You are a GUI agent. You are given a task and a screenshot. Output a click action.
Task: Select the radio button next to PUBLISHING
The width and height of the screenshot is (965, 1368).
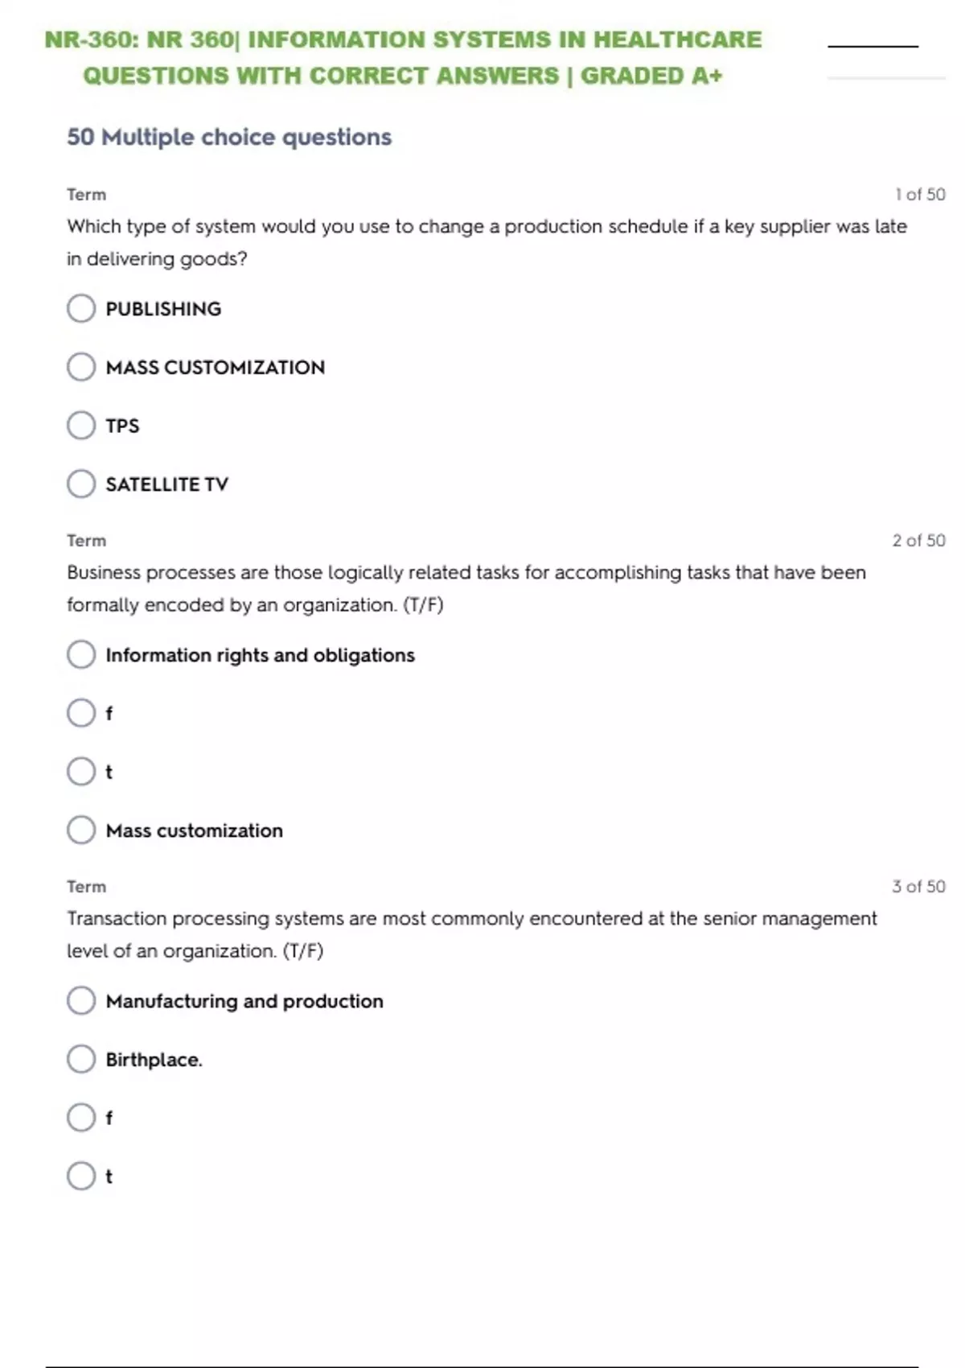click(81, 308)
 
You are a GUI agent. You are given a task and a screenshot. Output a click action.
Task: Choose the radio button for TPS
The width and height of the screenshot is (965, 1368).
click(81, 425)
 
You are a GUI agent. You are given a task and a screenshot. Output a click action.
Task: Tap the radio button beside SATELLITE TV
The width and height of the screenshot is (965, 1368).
click(81, 484)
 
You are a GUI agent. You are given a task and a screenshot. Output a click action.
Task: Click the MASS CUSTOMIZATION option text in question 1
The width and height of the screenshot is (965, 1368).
click(216, 368)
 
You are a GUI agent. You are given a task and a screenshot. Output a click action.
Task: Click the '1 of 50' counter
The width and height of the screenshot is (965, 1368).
click(920, 195)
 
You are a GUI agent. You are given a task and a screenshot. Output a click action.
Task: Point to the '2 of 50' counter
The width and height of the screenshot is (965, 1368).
click(918, 541)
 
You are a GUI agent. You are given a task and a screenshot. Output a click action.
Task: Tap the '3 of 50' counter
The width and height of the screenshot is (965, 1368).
click(918, 887)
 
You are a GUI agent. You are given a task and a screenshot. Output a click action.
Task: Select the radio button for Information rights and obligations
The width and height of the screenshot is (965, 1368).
click(81, 654)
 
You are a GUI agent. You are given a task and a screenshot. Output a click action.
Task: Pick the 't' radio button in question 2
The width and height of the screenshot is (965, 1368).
click(81, 771)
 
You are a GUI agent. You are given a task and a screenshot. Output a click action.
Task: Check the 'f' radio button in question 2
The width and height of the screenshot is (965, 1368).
click(81, 713)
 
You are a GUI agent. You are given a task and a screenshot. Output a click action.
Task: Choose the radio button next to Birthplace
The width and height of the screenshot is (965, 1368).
click(81, 1059)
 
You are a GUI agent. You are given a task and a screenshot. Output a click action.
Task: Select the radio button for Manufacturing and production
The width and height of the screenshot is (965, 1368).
click(81, 1000)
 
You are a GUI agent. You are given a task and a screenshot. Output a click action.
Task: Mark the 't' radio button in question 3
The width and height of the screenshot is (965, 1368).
click(81, 1176)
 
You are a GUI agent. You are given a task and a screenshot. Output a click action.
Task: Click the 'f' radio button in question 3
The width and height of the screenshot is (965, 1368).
click(81, 1117)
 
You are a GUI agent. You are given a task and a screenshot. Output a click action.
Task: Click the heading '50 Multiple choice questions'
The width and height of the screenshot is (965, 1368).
click(229, 138)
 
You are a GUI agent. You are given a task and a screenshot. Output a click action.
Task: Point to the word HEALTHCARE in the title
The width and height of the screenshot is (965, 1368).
click(677, 39)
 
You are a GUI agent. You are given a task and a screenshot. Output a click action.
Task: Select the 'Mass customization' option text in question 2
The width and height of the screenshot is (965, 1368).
click(195, 830)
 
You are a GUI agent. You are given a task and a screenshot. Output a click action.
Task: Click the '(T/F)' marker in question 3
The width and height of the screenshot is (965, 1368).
click(303, 951)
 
